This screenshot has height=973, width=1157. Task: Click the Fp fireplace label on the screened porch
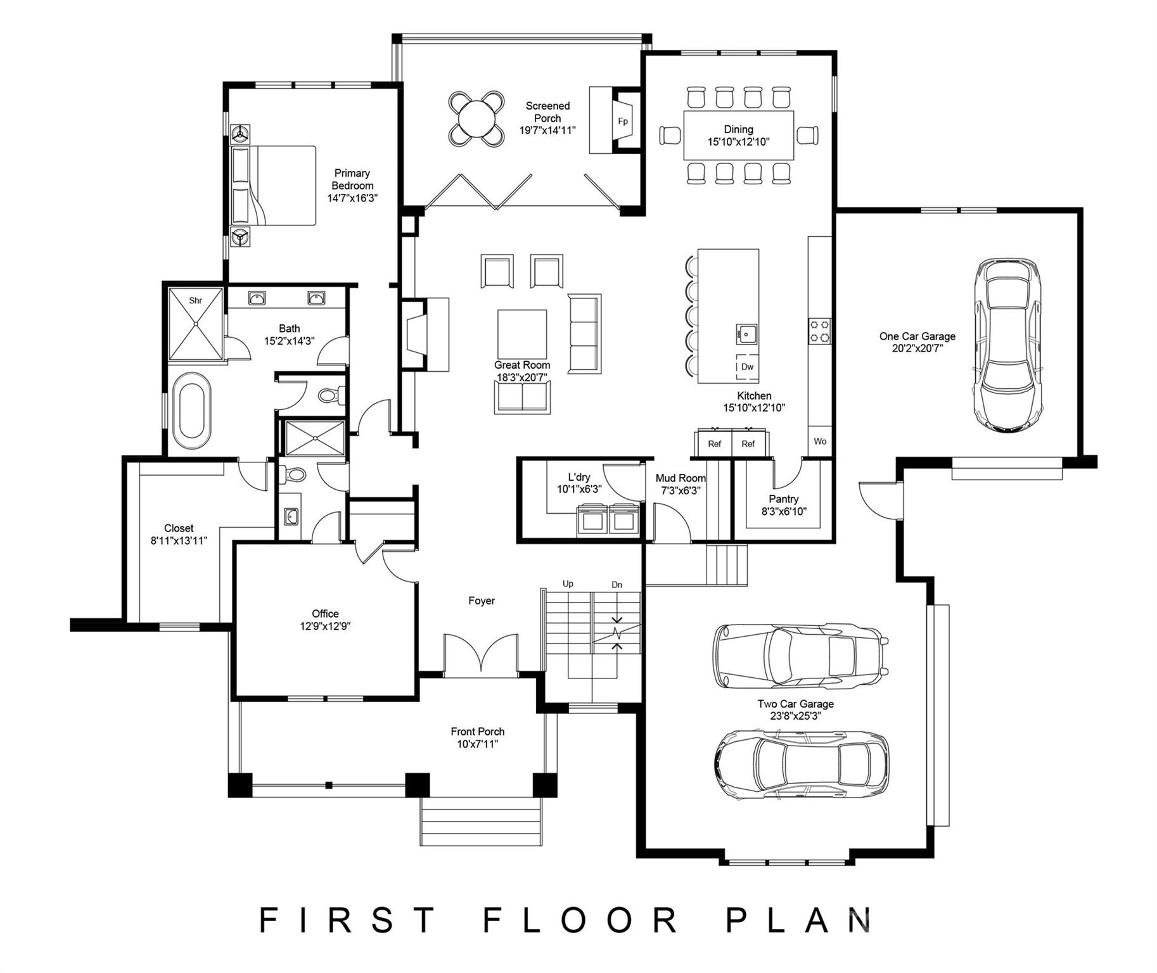click(x=622, y=122)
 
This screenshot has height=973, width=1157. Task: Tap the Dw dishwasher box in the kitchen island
click(x=747, y=367)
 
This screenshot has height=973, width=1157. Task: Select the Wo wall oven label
click(x=820, y=442)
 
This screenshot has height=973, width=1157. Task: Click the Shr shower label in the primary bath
click(x=195, y=300)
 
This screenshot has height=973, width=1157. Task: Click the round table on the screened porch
click(x=477, y=119)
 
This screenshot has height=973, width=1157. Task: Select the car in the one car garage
click(x=1007, y=345)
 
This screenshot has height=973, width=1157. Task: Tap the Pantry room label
click(x=784, y=499)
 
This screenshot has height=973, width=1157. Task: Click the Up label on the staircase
click(x=568, y=583)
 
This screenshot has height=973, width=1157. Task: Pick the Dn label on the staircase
click(x=617, y=585)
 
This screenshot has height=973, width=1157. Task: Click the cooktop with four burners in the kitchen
click(x=819, y=331)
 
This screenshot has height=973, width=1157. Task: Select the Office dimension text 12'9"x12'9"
click(x=325, y=626)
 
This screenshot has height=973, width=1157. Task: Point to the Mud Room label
click(x=680, y=478)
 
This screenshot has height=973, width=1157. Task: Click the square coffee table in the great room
click(x=521, y=334)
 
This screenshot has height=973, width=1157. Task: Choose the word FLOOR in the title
click(x=582, y=920)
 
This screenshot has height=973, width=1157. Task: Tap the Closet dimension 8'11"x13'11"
click(x=179, y=541)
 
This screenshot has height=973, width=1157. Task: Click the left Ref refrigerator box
click(x=714, y=443)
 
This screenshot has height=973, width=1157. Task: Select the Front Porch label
click(x=477, y=732)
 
